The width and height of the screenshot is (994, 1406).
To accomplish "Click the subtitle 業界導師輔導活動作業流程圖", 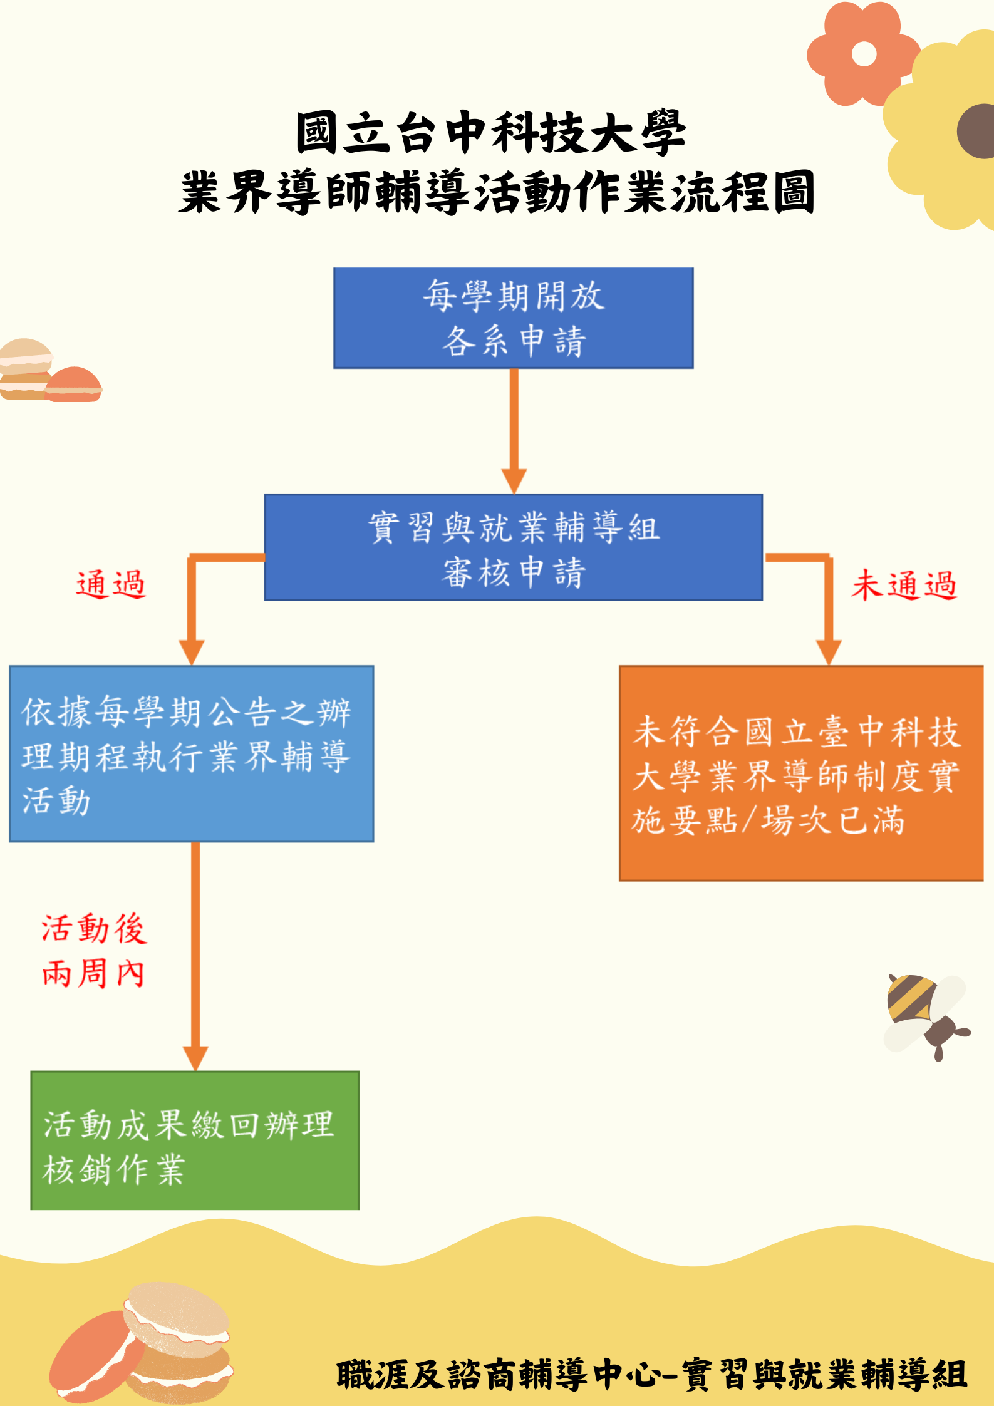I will tap(496, 192).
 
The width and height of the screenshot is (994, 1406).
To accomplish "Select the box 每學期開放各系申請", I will tap(513, 318).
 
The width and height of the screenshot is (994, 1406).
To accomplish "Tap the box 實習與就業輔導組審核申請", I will tap(513, 547).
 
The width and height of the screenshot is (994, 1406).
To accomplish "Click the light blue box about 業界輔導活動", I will tap(191, 753).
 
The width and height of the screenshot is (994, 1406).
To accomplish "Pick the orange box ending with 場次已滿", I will tap(800, 773).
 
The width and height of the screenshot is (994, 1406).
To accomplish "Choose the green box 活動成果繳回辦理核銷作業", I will tap(195, 1140).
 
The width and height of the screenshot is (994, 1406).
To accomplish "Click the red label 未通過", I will tap(904, 585).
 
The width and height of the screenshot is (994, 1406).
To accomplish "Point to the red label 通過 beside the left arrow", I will tap(111, 585).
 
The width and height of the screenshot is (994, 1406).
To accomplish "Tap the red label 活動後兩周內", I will tap(94, 951).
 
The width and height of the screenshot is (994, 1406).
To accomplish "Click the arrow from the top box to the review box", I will tap(514, 426).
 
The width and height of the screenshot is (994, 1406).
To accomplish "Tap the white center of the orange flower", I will tap(864, 54).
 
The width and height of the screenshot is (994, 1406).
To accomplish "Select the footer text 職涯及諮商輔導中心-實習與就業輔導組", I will tap(651, 1375).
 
